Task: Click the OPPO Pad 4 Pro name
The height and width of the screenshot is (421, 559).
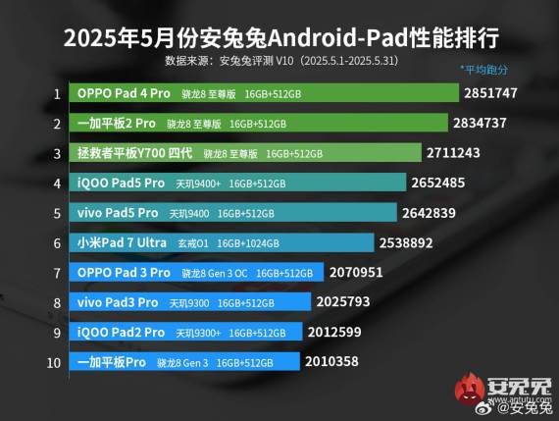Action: tap(123, 94)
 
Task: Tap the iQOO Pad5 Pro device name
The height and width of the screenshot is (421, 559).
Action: tap(121, 184)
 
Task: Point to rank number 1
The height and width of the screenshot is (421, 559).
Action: tap(58, 94)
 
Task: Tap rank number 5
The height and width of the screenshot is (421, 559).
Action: tap(58, 213)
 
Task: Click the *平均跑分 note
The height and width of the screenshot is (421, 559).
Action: tap(483, 70)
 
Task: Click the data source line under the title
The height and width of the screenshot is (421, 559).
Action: tap(279, 60)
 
